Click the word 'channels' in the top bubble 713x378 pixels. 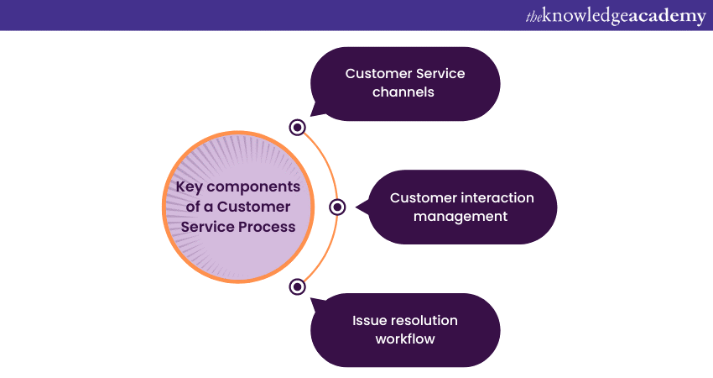pos(405,92)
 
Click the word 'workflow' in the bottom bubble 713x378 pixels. pos(405,339)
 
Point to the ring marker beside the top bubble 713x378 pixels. pos(297,127)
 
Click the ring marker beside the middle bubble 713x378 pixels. pos(337,207)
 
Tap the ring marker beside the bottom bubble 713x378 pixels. pos(297,286)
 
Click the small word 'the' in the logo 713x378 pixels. pos(534,15)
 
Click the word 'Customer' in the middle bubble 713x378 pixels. pos(424,198)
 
